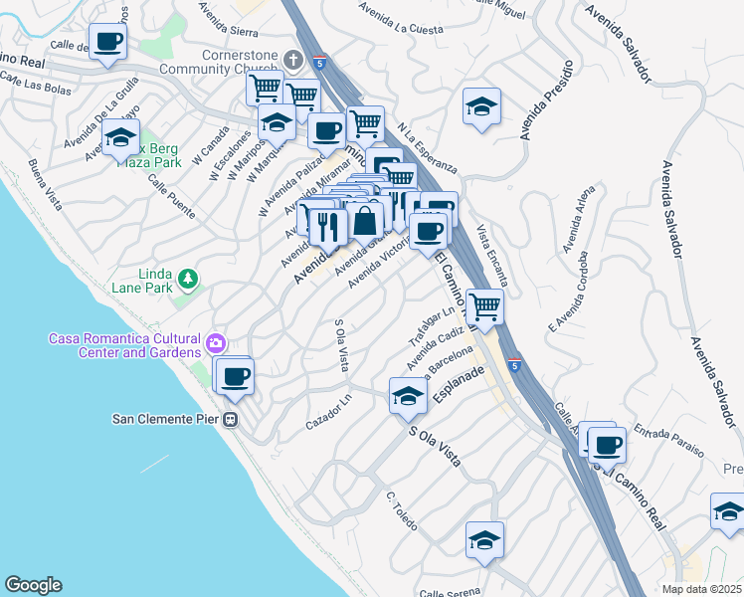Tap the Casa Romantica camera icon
(216, 345)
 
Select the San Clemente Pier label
(165, 419)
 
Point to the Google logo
(33, 585)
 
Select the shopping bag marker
(365, 221)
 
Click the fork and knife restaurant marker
(328, 228)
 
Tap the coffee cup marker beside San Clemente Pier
(236, 377)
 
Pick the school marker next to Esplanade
(407, 397)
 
